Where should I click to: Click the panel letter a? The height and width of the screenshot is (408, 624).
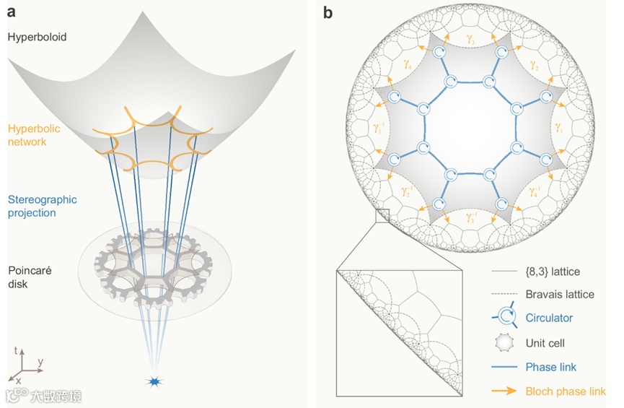(x=12, y=12)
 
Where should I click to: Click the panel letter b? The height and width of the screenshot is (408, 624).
(x=328, y=12)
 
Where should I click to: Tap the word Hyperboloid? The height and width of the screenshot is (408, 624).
(x=37, y=36)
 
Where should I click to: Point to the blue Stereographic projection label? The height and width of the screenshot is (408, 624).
(x=42, y=206)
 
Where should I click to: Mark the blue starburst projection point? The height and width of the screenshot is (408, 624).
(x=153, y=381)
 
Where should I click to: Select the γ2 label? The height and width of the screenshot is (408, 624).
(x=534, y=66)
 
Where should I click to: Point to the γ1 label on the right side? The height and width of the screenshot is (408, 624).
(x=558, y=127)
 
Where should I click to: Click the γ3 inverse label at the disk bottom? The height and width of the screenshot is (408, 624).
(x=471, y=216)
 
